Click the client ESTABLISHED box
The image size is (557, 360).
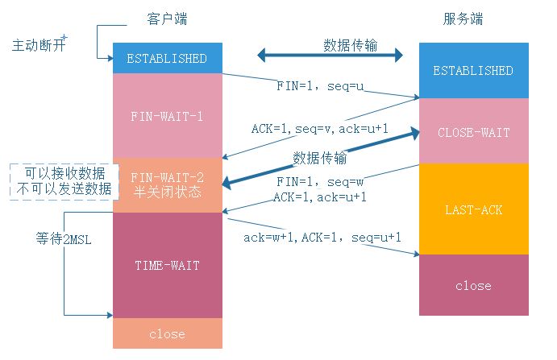coord(167,58)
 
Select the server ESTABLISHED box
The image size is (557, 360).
coord(472,70)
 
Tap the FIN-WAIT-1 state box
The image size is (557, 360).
coord(167,115)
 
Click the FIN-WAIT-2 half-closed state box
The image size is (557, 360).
coord(167,184)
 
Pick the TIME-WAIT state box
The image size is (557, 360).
coord(167,264)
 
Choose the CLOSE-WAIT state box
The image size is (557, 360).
coord(472,132)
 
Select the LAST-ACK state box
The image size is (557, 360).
coord(472,209)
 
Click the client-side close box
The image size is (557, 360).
coord(167,333)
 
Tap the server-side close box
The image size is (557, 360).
coord(472,285)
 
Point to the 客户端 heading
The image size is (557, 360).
coord(166,17)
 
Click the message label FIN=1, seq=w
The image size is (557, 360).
coord(320,182)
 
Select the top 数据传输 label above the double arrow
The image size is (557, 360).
coord(351,43)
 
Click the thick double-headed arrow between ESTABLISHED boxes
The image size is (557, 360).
coord(330,56)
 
